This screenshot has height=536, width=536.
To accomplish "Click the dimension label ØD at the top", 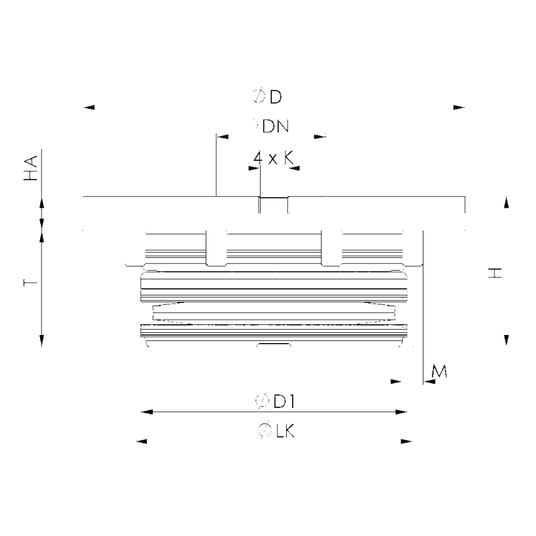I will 268,97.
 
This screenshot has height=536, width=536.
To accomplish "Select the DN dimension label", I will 270,125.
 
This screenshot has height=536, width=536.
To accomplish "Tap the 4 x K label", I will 274,157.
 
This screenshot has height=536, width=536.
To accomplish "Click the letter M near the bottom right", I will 440,371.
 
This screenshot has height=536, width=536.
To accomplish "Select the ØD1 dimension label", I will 275,401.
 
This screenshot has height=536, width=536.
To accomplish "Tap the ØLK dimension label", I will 275,431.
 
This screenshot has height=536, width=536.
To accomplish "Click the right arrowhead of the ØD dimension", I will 458,107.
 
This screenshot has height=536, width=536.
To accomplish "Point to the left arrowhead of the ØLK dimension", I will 141,442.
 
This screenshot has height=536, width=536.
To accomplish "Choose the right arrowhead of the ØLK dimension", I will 406,442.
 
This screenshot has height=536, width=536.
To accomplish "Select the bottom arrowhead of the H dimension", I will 507,340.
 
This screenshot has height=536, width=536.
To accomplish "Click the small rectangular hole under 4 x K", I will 273,205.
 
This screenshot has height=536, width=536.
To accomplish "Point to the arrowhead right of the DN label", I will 320,137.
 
